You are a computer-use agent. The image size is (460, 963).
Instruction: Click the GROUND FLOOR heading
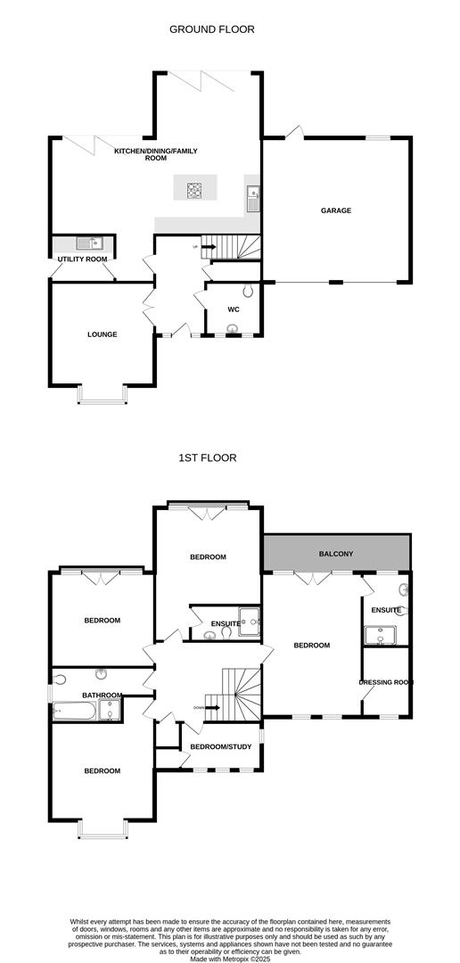(x=212, y=29)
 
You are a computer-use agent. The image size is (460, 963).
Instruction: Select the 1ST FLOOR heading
(x=208, y=457)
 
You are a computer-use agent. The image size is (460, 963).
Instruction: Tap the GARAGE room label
(x=336, y=211)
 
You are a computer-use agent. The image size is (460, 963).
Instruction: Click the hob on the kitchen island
(x=195, y=188)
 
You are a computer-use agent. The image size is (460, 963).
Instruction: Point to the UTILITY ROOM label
(x=83, y=259)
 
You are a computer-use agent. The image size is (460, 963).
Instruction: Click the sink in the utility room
(x=89, y=243)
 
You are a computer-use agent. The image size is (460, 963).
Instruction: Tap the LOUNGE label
(x=103, y=334)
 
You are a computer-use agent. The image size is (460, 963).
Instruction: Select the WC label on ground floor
(x=234, y=309)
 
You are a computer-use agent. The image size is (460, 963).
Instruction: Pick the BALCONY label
(x=336, y=554)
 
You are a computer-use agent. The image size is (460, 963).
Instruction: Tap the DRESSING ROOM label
(x=386, y=682)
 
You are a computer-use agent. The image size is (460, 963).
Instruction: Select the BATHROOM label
(x=103, y=695)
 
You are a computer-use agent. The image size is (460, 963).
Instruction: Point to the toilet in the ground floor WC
(x=249, y=290)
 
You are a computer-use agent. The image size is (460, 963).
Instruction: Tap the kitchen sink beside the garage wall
(x=254, y=195)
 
